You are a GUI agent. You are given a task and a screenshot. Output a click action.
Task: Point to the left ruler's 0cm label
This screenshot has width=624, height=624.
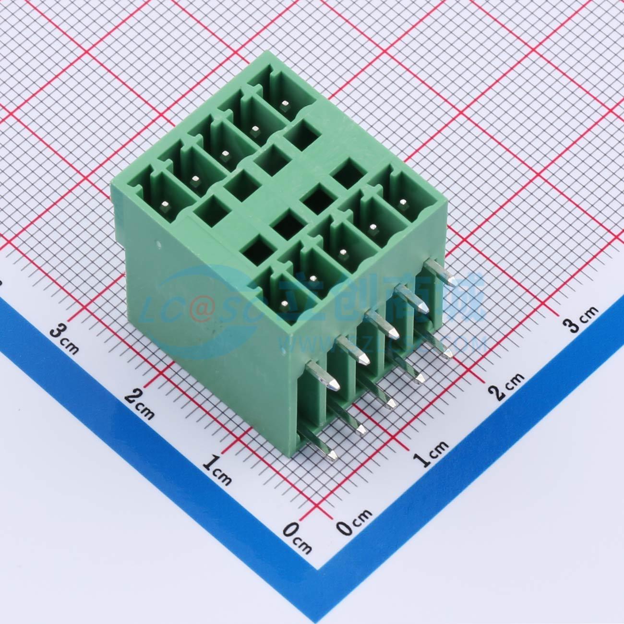click(297, 536)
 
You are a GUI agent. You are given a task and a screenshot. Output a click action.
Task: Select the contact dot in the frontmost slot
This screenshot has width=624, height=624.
click(283, 303)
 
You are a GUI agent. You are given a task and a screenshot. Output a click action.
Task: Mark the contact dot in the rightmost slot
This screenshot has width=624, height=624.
click(402, 202)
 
